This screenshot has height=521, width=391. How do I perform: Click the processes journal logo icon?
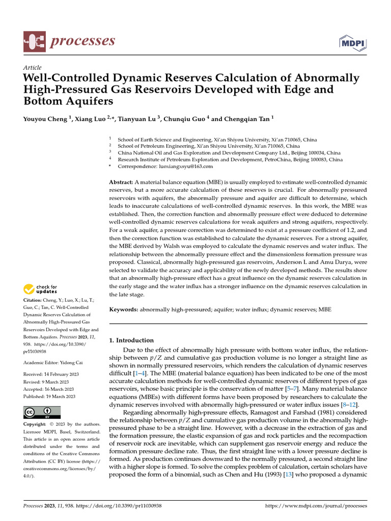tap(35, 41)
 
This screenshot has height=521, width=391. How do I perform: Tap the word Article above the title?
tap(33, 68)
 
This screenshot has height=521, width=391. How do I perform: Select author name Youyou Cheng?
tap(45, 119)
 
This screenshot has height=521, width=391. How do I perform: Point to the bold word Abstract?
tap(121, 182)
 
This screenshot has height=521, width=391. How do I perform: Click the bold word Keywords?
tap(124, 309)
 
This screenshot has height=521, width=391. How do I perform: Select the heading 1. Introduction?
tap(132, 340)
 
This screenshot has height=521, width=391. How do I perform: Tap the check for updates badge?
tap(40, 290)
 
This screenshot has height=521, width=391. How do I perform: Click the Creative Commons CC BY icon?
tap(42, 412)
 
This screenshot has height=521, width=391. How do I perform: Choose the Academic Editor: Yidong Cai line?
tap(51, 362)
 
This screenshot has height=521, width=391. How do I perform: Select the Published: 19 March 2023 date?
tap(49, 396)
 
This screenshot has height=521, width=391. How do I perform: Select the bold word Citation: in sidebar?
tap(34, 301)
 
